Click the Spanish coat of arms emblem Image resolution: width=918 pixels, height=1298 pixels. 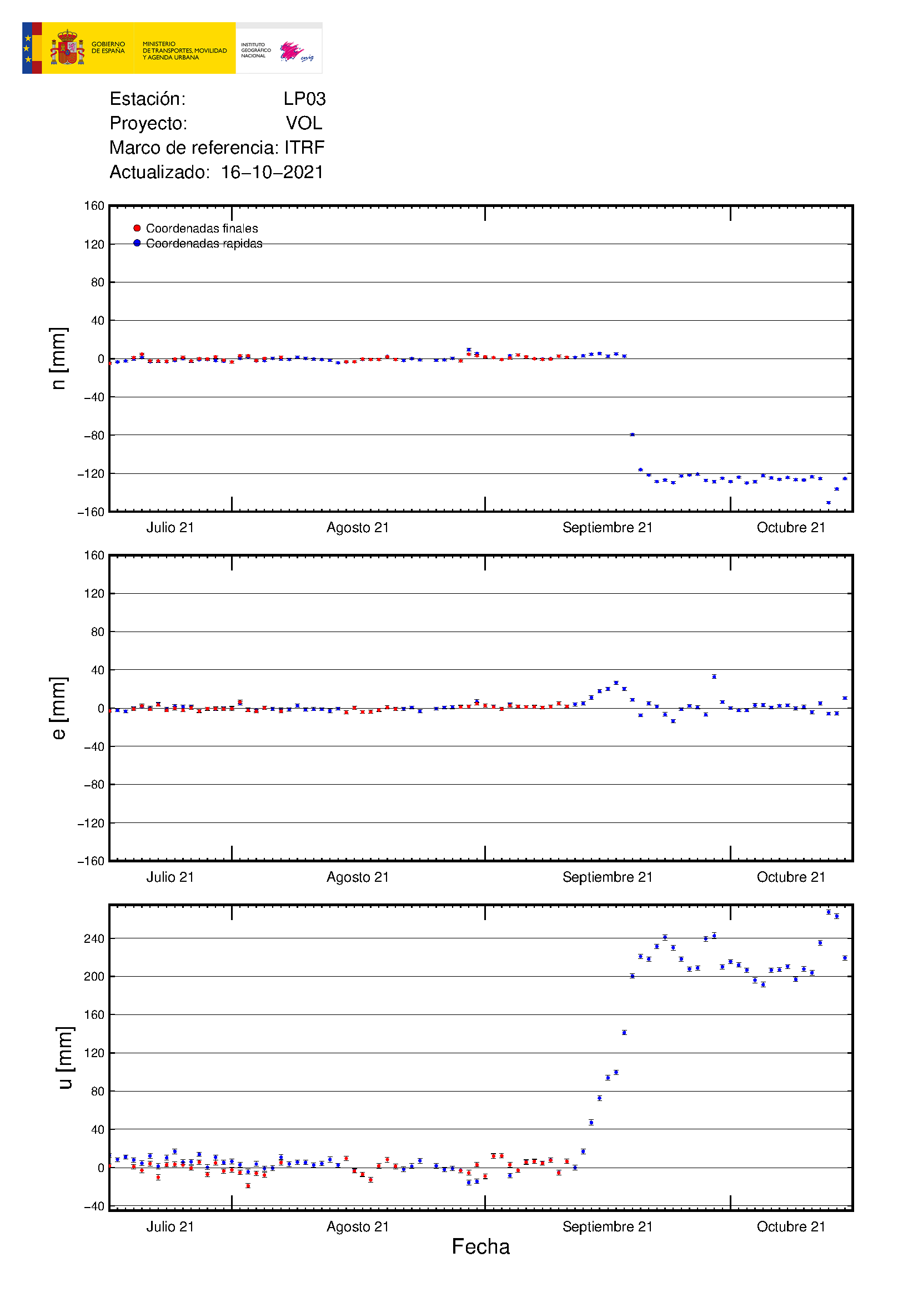click(67, 48)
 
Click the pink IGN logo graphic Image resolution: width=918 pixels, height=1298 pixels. click(292, 51)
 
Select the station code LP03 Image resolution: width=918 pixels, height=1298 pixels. click(304, 99)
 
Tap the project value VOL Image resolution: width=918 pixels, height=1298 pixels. click(304, 123)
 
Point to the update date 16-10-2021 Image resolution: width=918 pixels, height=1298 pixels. click(272, 172)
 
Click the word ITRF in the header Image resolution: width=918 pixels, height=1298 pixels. click(304, 148)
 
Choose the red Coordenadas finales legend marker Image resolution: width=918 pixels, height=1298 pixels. click(137, 229)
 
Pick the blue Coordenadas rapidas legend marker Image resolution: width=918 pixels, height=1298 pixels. click(137, 243)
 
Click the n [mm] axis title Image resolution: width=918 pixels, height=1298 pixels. click(58, 358)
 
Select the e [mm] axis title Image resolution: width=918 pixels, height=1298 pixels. click(58, 708)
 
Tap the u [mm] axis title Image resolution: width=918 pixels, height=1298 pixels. click(64, 1057)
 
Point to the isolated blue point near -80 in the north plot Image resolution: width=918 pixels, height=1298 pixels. click(633, 435)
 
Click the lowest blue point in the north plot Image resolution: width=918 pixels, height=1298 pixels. click(829, 503)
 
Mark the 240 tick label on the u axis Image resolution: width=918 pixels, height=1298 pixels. click(94, 938)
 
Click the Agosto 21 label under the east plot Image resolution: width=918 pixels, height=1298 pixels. click(358, 877)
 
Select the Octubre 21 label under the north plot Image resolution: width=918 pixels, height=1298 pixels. click(791, 527)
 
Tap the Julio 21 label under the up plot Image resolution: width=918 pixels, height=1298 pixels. click(170, 1226)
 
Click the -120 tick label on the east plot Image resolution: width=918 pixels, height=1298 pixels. click(91, 823)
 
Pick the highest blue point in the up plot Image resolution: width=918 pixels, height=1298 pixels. click(829, 912)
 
